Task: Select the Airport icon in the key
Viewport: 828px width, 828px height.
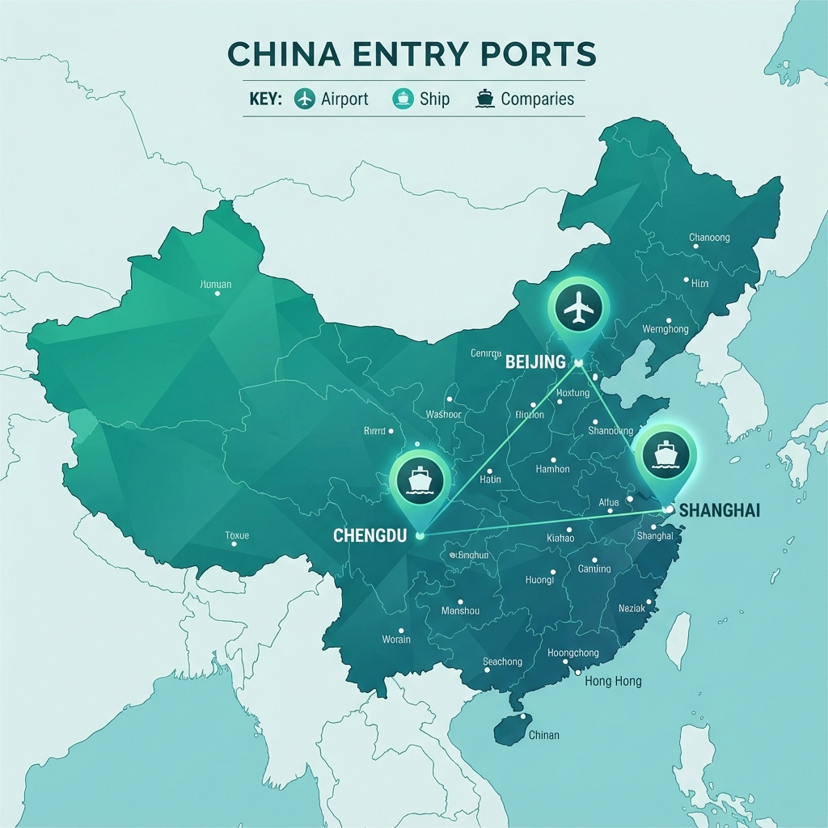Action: (305, 99)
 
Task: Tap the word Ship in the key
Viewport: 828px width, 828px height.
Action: (434, 99)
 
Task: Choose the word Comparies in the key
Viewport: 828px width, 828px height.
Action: (537, 99)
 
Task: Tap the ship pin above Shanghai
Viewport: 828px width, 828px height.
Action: (665, 454)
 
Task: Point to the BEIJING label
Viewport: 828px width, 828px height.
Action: (535, 362)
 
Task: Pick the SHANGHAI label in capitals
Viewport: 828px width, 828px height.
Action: (720, 511)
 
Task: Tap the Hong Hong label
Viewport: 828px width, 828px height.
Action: (613, 681)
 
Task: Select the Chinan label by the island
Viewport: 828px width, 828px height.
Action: (543, 735)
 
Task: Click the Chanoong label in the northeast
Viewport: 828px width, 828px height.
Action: (709, 238)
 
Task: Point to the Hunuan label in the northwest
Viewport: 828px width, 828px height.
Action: (215, 285)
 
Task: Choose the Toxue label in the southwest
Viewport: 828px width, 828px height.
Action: (237, 535)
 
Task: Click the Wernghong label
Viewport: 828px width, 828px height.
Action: (665, 329)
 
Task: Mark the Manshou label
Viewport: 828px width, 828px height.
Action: (461, 611)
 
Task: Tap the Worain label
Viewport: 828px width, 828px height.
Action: (396, 640)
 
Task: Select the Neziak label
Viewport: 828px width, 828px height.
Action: (632, 607)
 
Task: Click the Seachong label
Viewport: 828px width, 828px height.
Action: (502, 661)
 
